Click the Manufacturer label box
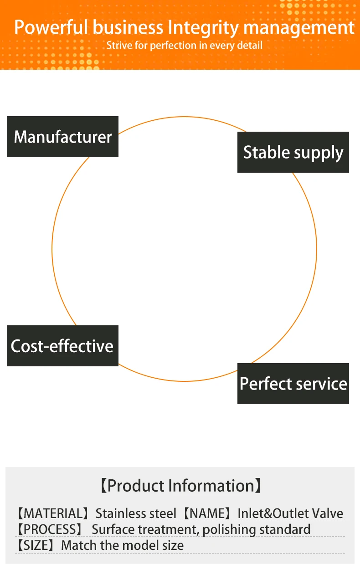pos(62,137)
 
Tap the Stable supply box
pos(293,152)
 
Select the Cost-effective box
pos(62,346)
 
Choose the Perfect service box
pos(293,384)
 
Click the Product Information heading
pos(180,486)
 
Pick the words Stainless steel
pos(135,514)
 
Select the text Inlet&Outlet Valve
pos(290,514)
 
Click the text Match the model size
pos(123,545)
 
